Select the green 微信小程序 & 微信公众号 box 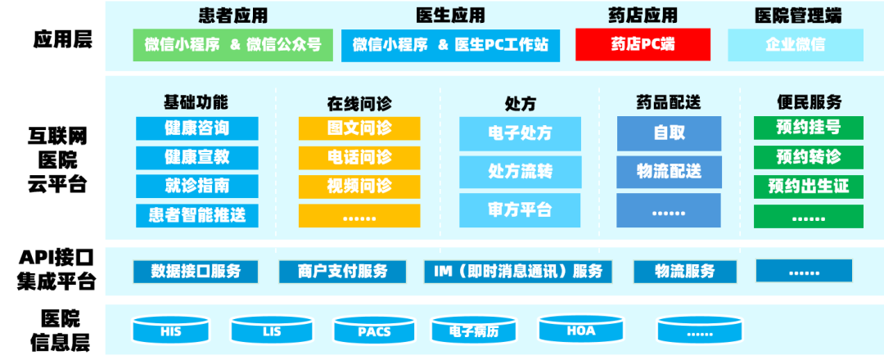[233, 45]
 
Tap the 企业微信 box [795, 45]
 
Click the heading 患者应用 [233, 16]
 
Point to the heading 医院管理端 [796, 16]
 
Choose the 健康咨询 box [196, 128]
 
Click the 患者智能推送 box [196, 215]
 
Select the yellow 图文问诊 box [359, 128]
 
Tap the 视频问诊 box [359, 186]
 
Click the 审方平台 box [520, 210]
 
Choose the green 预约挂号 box [809, 128]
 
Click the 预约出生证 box [809, 187]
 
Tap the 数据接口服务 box [196, 272]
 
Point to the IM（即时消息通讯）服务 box [519, 272]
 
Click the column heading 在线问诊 [359, 103]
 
